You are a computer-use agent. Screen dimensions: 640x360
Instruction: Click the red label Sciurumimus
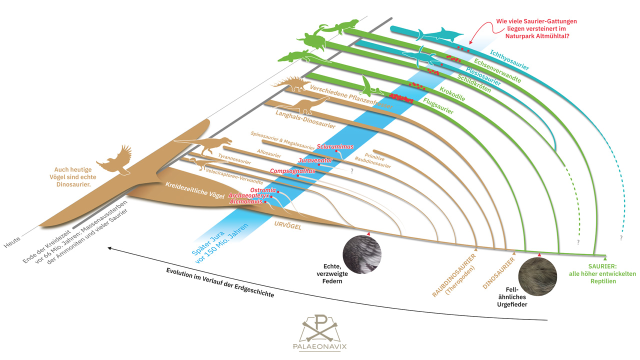(335, 146)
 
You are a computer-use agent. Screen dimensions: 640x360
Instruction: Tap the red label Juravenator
(315, 160)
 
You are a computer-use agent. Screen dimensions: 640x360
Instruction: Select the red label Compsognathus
(292, 171)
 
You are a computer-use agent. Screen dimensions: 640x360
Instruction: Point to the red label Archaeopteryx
(248, 195)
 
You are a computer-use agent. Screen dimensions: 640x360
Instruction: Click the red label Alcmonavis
(246, 201)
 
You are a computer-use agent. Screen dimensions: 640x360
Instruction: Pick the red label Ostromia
(263, 190)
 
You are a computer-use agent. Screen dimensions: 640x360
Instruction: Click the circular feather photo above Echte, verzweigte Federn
(362, 254)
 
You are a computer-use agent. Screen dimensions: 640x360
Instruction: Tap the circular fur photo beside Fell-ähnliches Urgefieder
(537, 276)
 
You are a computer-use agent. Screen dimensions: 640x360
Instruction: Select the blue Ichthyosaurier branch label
(509, 60)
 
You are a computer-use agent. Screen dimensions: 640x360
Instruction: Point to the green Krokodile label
(452, 94)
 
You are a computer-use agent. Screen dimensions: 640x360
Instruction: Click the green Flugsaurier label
(438, 106)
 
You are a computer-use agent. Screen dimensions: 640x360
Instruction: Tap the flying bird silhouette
(115, 161)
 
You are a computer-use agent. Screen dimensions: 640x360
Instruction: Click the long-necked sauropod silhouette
(303, 105)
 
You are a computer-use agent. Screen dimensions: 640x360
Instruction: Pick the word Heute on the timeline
(12, 242)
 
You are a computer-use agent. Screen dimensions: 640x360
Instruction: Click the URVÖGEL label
(287, 225)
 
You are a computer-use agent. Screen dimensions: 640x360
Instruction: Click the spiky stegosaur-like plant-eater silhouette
(290, 83)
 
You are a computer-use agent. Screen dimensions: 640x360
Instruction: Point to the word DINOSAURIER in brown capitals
(498, 273)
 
